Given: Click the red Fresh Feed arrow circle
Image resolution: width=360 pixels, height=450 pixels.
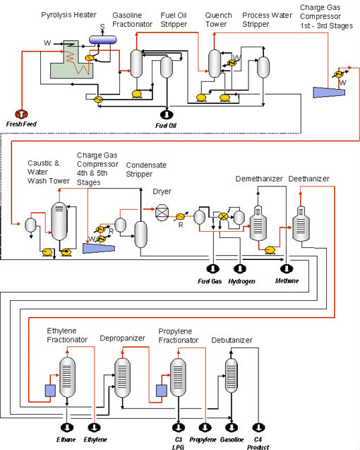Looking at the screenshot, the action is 21,114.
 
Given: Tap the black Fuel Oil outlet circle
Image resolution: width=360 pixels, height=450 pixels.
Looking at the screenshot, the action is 167,114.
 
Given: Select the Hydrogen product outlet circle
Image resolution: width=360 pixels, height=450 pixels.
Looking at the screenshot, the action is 240,269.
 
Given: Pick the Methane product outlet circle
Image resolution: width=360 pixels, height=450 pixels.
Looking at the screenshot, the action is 287,269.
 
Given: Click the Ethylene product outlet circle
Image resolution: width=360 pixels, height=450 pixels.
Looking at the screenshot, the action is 94,427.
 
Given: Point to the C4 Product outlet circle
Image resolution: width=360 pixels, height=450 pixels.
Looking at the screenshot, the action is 258,427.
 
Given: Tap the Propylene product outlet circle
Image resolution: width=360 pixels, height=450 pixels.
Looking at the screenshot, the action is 205,427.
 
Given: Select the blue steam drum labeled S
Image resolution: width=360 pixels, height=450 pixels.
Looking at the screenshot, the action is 102,40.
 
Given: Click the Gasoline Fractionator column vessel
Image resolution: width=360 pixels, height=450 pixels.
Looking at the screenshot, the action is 136,64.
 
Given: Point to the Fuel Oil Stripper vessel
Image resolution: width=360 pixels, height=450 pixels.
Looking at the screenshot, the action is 167,67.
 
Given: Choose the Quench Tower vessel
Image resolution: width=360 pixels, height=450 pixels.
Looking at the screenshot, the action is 215,64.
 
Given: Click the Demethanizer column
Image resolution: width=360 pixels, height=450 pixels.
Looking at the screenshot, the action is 258,223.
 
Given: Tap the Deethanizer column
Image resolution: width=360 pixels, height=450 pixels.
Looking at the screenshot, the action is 301,223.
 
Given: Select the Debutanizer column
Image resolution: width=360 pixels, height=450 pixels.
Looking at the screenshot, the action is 232,375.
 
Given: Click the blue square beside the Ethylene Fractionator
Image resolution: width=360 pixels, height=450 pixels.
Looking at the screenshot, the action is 51,391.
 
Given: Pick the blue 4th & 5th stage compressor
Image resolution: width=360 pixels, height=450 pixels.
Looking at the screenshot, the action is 99,248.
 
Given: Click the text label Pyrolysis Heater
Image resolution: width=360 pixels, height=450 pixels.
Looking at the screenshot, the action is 69,15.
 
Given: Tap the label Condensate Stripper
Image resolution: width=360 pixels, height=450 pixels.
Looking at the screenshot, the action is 146,170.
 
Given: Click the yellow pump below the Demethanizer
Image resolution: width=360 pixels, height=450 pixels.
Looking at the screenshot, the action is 270,250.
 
